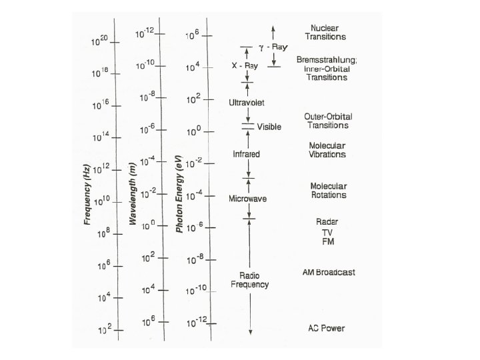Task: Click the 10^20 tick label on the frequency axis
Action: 99,41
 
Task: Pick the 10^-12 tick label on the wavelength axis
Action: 145,31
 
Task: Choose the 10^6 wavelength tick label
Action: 148,319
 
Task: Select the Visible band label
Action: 269,127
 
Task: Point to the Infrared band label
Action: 246,154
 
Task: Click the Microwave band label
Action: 247,199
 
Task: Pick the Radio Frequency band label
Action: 249,280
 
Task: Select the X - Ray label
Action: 244,66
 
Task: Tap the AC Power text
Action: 326,329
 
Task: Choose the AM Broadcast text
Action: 329,272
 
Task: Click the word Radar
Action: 327,221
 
